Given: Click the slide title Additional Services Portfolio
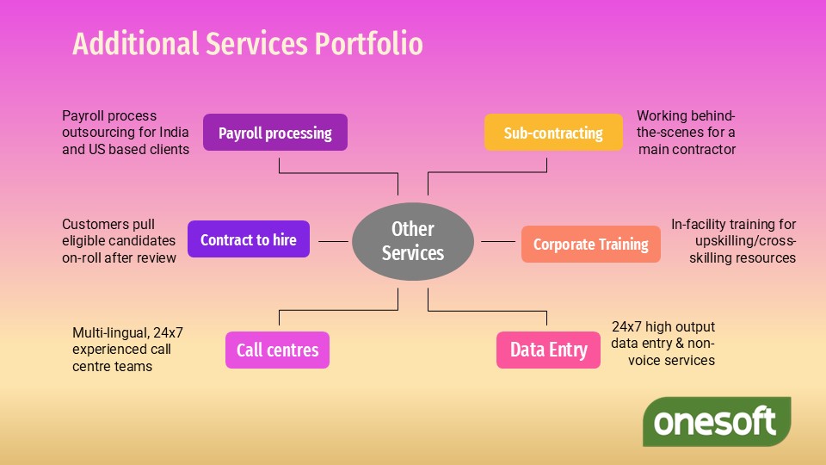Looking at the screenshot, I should coord(248,44).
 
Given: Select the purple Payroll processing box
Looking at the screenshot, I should coord(274,133).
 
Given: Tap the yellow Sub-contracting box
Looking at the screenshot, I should coord(552,133).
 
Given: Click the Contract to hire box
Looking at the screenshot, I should coord(248,239).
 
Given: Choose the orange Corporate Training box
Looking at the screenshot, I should coord(590,244).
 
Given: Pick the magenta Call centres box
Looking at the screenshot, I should coord(277,350).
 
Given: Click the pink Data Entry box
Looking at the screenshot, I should coord(548,350).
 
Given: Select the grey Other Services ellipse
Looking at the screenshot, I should coord(413,241).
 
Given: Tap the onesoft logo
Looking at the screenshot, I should coord(716,422).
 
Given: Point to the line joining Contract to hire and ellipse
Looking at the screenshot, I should coord(333,241).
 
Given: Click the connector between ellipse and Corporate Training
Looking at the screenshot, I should coord(497,241).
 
